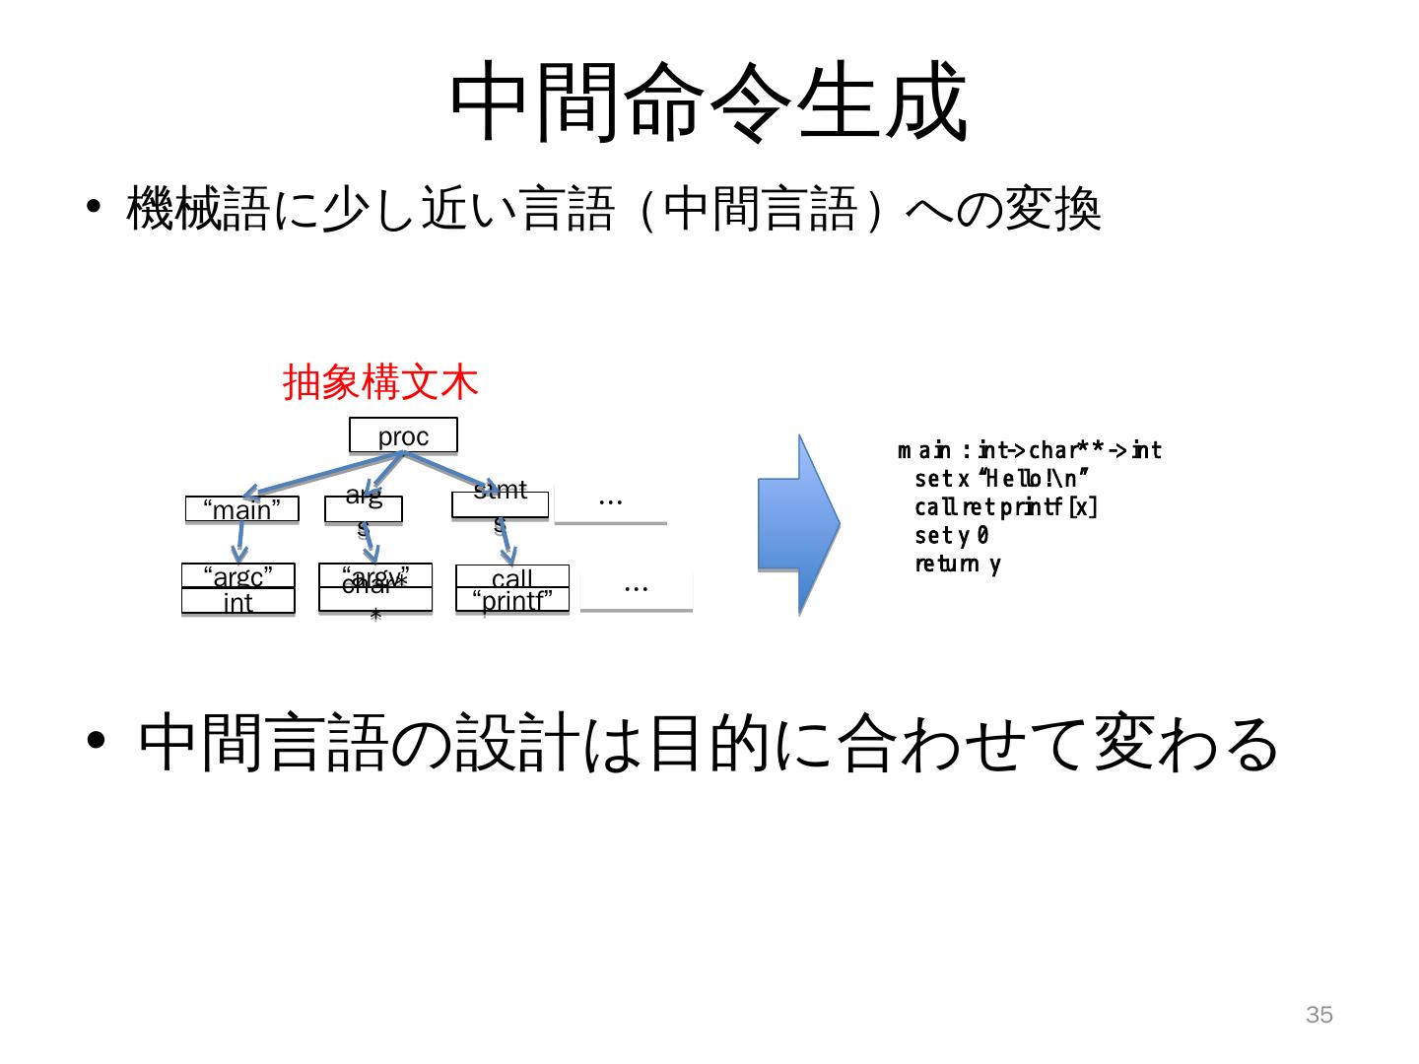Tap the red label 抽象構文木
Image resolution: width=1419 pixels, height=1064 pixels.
pyautogui.click(x=380, y=382)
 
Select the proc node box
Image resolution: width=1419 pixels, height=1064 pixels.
pyautogui.click(x=403, y=435)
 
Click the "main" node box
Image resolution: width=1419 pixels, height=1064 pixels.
pyautogui.click(x=241, y=509)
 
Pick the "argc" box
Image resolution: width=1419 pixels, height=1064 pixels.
pyautogui.click(x=237, y=575)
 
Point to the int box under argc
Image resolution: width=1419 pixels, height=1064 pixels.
pyautogui.click(x=237, y=601)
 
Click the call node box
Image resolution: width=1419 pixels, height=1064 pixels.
pyautogui.click(x=511, y=576)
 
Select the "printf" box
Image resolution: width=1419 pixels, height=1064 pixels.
pyautogui.click(x=511, y=600)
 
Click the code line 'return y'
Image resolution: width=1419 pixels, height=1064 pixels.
pyautogui.click(x=957, y=565)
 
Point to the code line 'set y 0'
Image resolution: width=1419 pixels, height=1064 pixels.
pyautogui.click(x=951, y=536)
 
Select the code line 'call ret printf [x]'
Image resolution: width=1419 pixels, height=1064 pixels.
pyautogui.click(x=1005, y=507)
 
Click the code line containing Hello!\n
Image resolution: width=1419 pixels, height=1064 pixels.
pyautogui.click(x=1001, y=479)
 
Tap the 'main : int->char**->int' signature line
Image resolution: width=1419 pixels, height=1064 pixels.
pyautogui.click(x=1030, y=451)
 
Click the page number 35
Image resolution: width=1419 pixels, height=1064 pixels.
pyautogui.click(x=1318, y=1015)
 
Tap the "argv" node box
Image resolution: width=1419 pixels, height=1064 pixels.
pyautogui.click(x=374, y=575)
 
